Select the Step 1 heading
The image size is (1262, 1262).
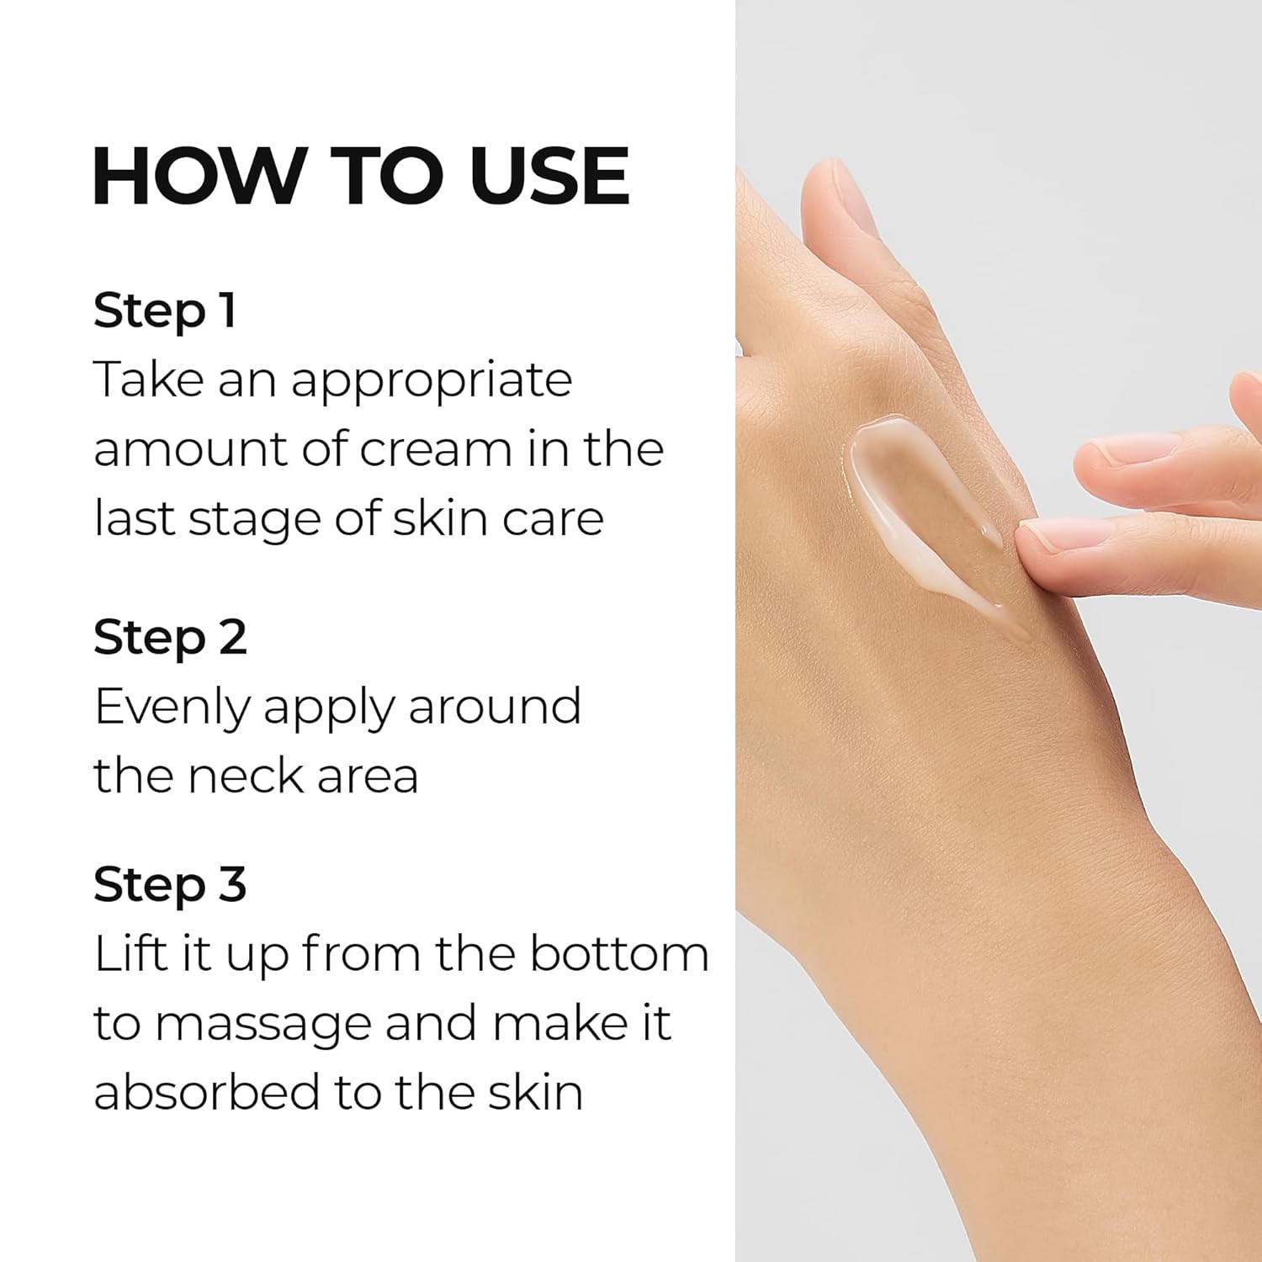[x=165, y=310]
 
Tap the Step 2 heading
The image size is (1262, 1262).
[x=170, y=637]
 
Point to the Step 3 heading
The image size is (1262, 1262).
[x=170, y=884]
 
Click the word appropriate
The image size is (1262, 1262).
[x=432, y=381]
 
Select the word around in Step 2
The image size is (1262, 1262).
[x=495, y=707]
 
